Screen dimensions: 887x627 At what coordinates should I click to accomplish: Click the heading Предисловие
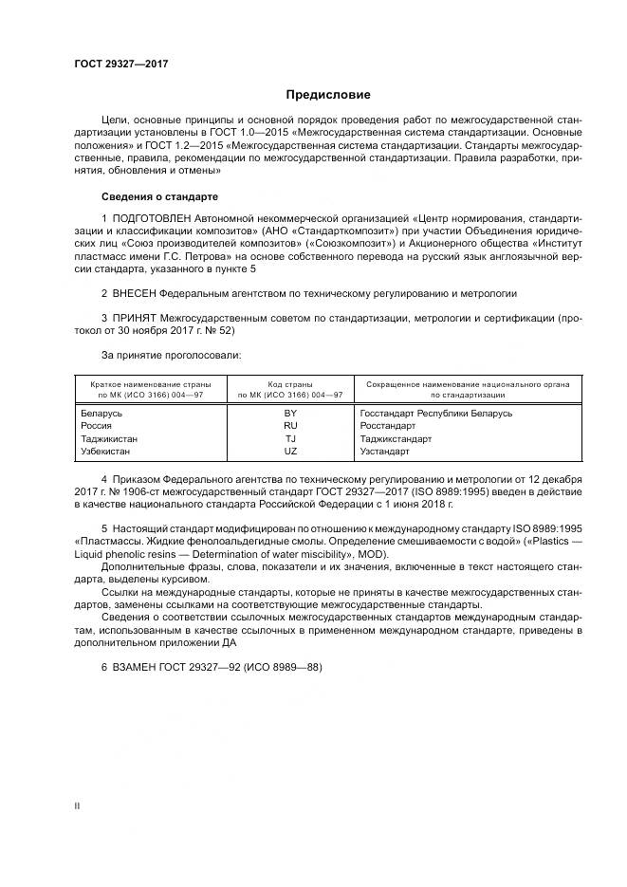click(328, 95)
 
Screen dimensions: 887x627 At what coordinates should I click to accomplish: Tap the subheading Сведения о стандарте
click(159, 196)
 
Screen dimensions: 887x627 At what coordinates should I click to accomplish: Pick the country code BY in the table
click(290, 414)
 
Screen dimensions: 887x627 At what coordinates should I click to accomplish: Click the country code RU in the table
click(290, 426)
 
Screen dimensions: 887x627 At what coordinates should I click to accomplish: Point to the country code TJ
click(290, 439)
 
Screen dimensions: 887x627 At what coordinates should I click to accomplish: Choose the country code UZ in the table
click(290, 452)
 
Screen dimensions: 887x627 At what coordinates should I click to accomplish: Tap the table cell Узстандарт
click(388, 452)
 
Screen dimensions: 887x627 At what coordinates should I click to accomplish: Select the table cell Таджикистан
click(110, 439)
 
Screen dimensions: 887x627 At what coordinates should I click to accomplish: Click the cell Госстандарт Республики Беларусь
click(436, 414)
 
